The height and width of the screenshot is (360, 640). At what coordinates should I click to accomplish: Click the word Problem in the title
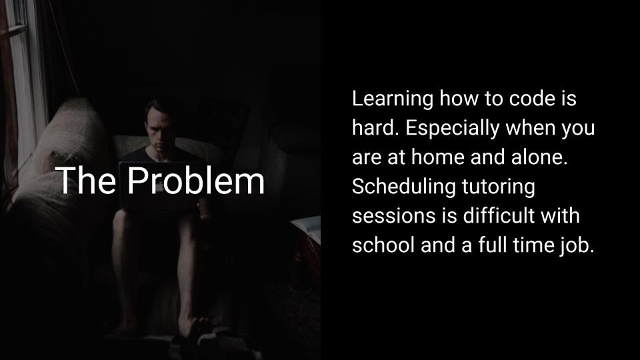click(196, 181)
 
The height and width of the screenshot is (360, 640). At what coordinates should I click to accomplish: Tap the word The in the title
click(86, 180)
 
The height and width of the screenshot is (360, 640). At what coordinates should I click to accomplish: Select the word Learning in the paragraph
click(392, 99)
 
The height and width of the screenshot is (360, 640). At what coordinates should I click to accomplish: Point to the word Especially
click(452, 129)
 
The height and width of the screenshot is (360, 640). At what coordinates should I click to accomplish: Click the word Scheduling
click(404, 187)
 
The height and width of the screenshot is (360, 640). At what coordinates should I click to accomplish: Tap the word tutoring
click(499, 187)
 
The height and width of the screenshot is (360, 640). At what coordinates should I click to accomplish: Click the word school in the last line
click(383, 245)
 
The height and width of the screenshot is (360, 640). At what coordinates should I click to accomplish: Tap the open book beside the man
click(306, 228)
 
